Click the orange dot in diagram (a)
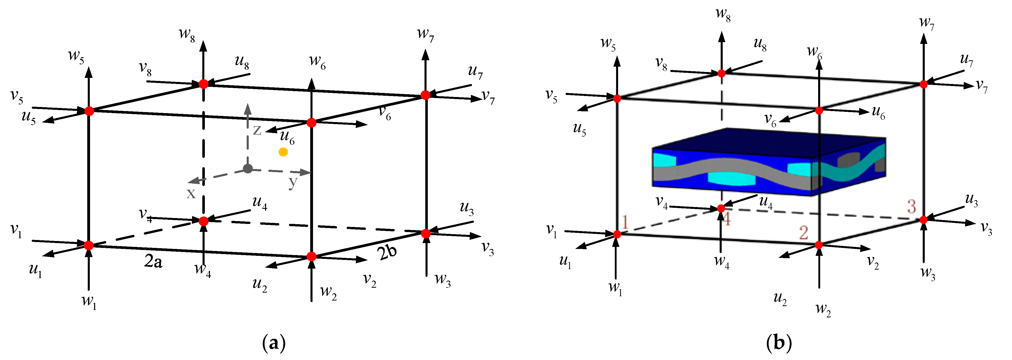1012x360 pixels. point(283,152)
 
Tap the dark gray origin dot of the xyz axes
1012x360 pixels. point(247,169)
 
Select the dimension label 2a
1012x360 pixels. point(153,261)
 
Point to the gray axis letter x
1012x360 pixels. point(191,193)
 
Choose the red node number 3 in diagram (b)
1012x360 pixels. point(912,206)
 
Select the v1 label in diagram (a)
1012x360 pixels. point(16,231)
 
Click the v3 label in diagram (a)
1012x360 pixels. point(488,248)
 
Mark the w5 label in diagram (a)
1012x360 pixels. point(77,56)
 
